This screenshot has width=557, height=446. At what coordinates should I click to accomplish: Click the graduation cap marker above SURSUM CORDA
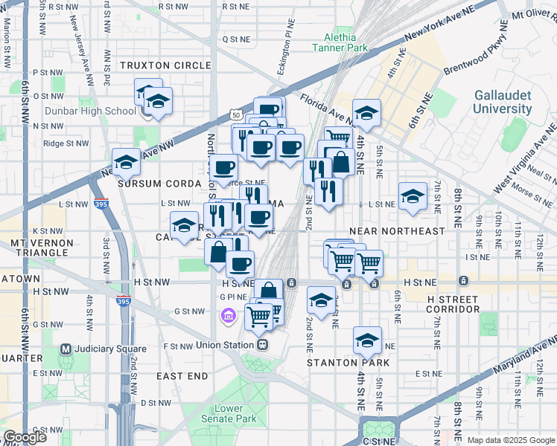127,162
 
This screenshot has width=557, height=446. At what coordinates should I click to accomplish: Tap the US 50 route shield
235,115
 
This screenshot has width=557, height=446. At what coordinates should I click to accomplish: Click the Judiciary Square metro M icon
66,349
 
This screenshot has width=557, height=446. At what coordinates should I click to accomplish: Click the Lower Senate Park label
229,414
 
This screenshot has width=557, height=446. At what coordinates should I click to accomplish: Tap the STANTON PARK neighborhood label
343,363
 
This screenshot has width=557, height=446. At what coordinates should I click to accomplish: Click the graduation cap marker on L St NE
413,195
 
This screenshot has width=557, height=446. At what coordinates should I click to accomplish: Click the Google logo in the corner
25,437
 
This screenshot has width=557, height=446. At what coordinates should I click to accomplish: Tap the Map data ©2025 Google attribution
510,440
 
